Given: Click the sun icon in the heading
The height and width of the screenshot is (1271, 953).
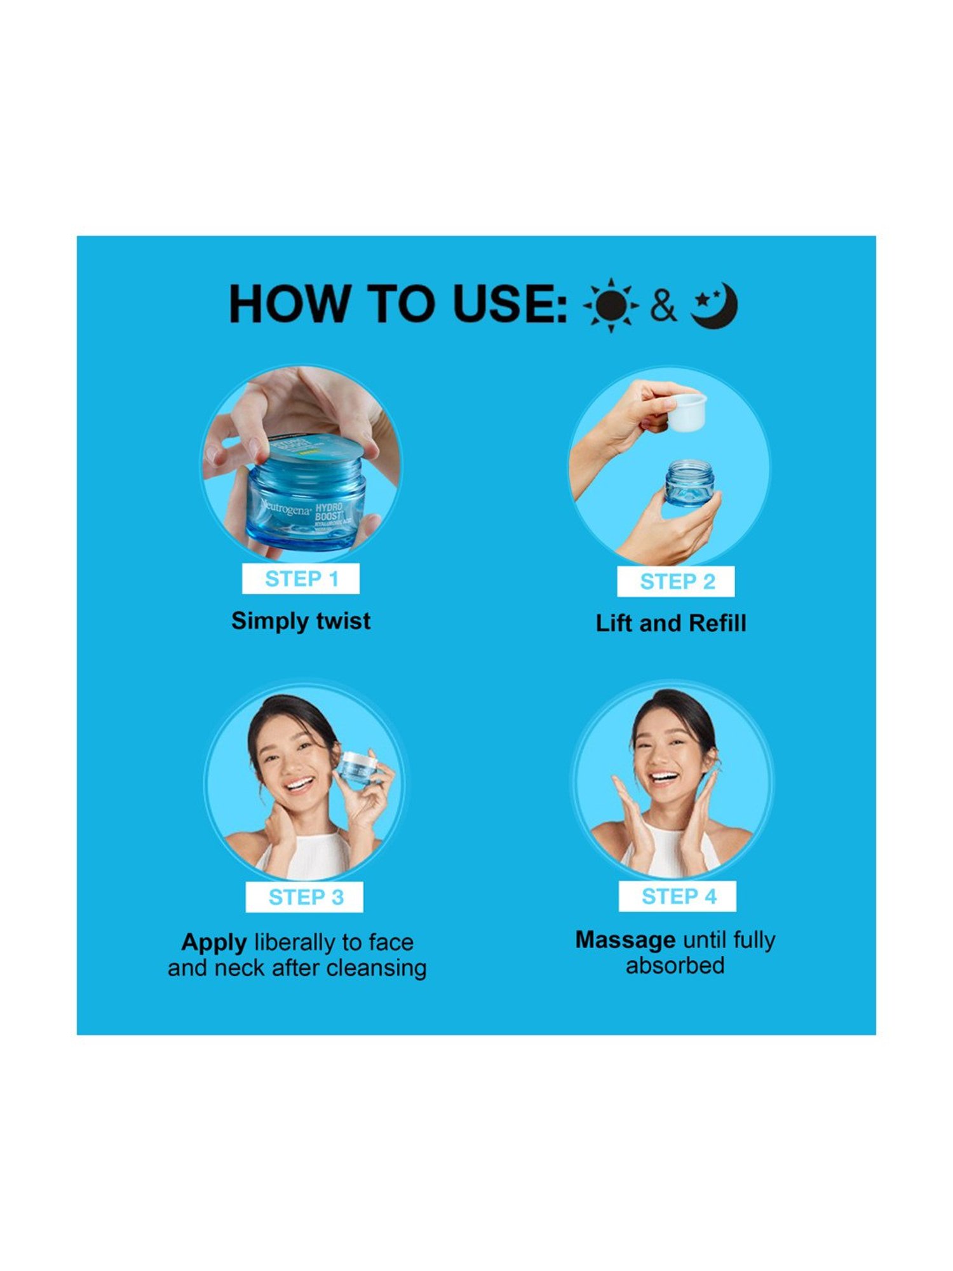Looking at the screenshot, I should point(611,305).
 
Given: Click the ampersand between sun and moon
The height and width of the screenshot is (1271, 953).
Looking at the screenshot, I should point(663,306).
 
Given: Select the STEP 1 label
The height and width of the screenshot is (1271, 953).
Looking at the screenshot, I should point(301,579).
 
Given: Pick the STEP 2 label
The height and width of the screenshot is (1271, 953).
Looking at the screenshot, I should point(676,581).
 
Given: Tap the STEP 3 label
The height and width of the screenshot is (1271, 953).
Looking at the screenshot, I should point(305,897).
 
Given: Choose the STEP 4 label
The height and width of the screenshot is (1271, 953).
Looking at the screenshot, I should point(678,896).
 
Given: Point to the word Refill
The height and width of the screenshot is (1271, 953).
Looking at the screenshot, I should point(717,623).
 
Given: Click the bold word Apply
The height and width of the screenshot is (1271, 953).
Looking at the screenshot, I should point(213,942).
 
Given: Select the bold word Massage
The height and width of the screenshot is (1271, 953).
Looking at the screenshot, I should point(625,940).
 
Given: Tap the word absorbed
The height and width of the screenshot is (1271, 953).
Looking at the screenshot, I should point(675,966).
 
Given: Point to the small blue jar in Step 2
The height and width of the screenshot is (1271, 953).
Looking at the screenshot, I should point(689,483).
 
